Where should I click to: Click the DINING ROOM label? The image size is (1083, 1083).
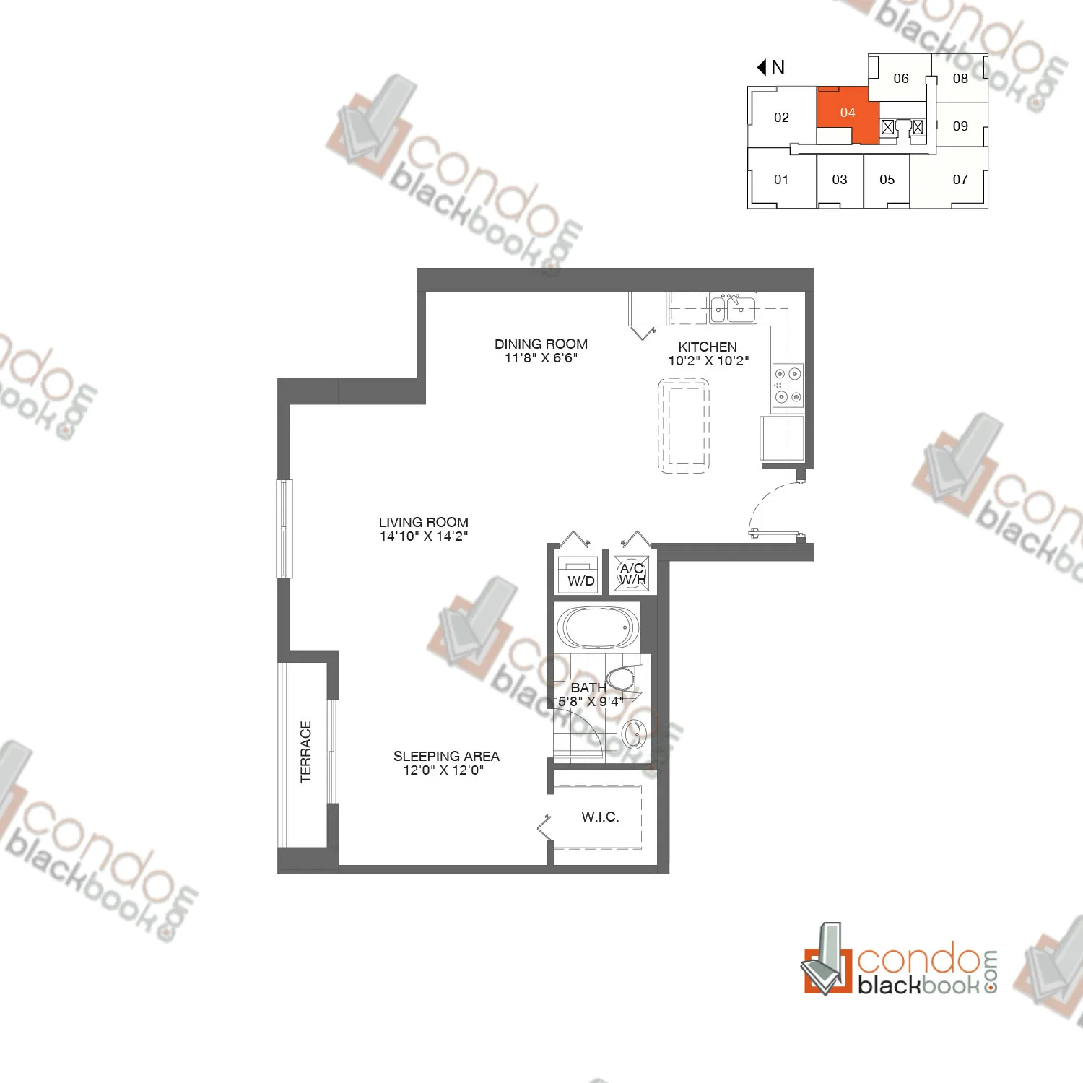click(x=541, y=344)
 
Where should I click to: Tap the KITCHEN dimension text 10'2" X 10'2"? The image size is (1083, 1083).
click(x=708, y=361)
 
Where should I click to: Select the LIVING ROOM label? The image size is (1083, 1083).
click(x=424, y=522)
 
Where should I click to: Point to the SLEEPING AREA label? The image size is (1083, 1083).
click(x=446, y=756)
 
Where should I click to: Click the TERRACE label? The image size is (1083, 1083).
click(x=306, y=752)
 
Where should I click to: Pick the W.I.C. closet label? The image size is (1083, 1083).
click(x=600, y=817)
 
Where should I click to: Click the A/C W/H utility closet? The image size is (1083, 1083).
click(x=632, y=574)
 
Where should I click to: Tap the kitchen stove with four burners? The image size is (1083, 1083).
click(x=788, y=386)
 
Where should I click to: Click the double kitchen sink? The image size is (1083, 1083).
click(x=732, y=309)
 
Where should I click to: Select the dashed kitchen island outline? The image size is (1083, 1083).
click(x=684, y=426)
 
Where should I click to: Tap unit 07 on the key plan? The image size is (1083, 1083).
click(x=960, y=180)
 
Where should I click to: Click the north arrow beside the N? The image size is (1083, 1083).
click(x=762, y=67)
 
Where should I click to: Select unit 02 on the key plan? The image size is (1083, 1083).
click(x=781, y=118)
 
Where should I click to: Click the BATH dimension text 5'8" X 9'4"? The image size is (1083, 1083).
click(x=591, y=701)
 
